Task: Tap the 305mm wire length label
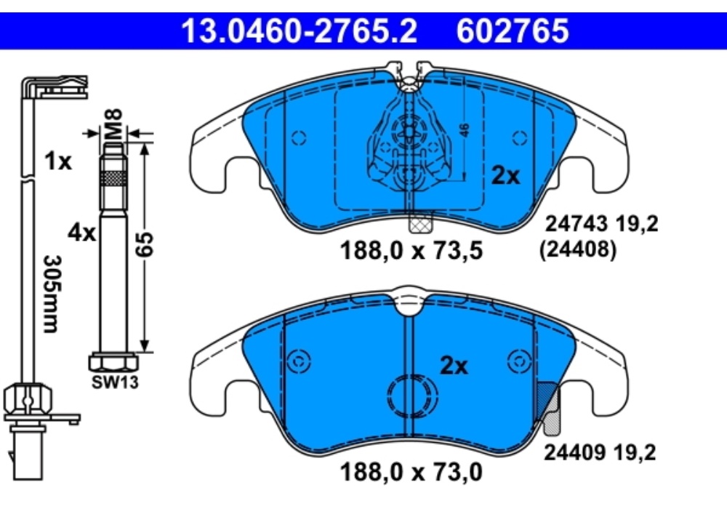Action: [50, 293]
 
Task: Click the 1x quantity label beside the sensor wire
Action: [57, 161]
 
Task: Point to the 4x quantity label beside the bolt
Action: [81, 233]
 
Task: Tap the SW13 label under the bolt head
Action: [114, 381]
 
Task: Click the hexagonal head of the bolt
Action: [113, 361]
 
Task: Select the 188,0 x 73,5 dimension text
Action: [411, 252]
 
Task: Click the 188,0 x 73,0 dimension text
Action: [411, 473]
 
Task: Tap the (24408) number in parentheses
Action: [579, 251]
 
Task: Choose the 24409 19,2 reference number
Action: [600, 453]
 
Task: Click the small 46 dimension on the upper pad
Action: [465, 130]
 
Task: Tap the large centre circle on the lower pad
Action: [413, 397]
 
